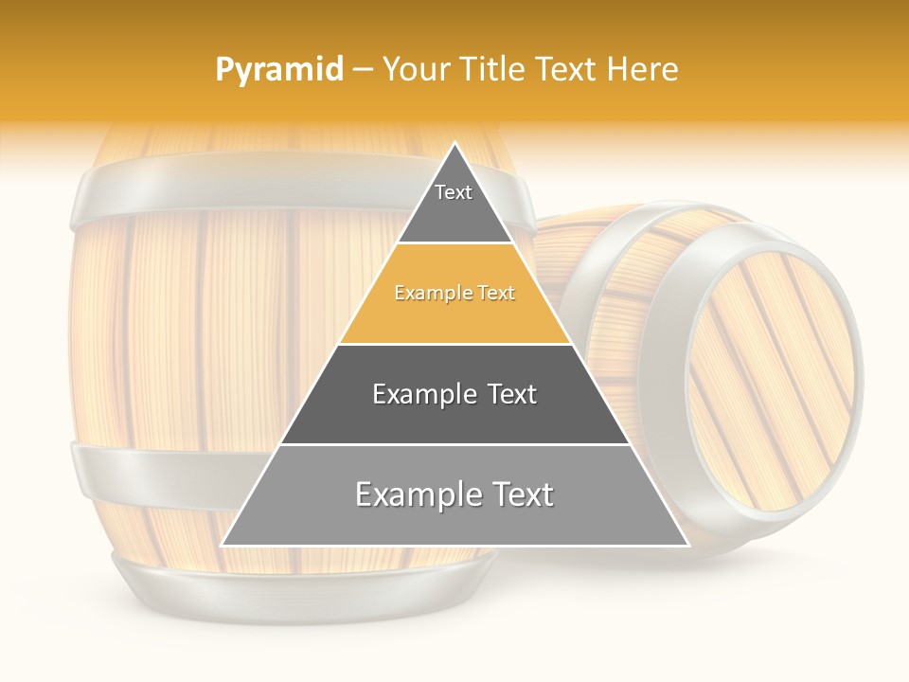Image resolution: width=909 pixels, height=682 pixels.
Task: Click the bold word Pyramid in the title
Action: tap(279, 70)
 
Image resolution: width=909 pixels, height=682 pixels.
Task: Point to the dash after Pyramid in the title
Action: tap(363, 70)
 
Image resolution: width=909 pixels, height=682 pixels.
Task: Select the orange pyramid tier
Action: tap(454, 296)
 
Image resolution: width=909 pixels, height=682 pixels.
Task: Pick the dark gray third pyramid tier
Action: tap(454, 396)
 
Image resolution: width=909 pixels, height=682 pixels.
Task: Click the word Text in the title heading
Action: tap(564, 70)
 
